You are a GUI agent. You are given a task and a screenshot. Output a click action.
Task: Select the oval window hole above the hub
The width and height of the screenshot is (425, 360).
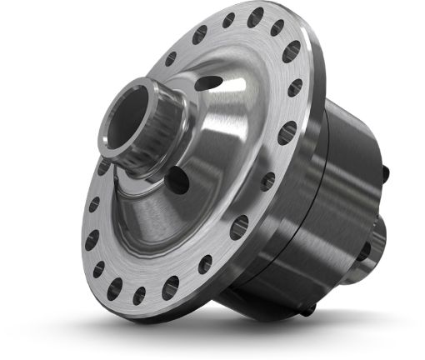point(211,83)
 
